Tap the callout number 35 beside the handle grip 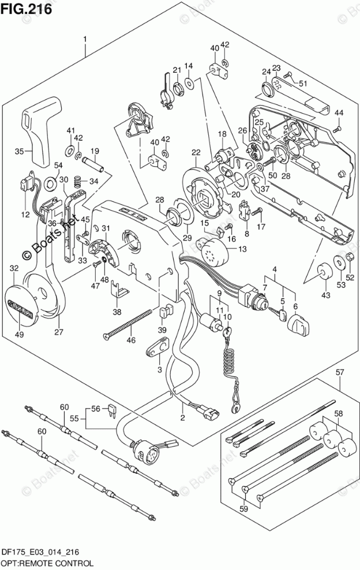pyautogui.click(x=19, y=152)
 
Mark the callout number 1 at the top pyautogui.click(x=85, y=39)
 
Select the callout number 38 pyautogui.click(x=117, y=312)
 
